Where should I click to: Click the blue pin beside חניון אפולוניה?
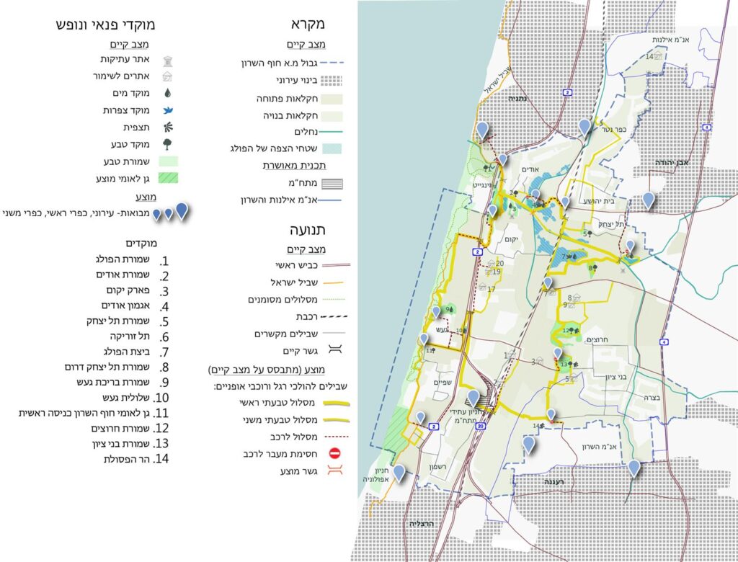[x=399, y=473]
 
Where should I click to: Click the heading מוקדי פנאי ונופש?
[x=106, y=24]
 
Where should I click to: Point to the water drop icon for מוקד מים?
[x=168, y=93]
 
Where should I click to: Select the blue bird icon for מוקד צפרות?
[x=168, y=110]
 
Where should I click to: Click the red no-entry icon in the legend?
[x=334, y=454]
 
